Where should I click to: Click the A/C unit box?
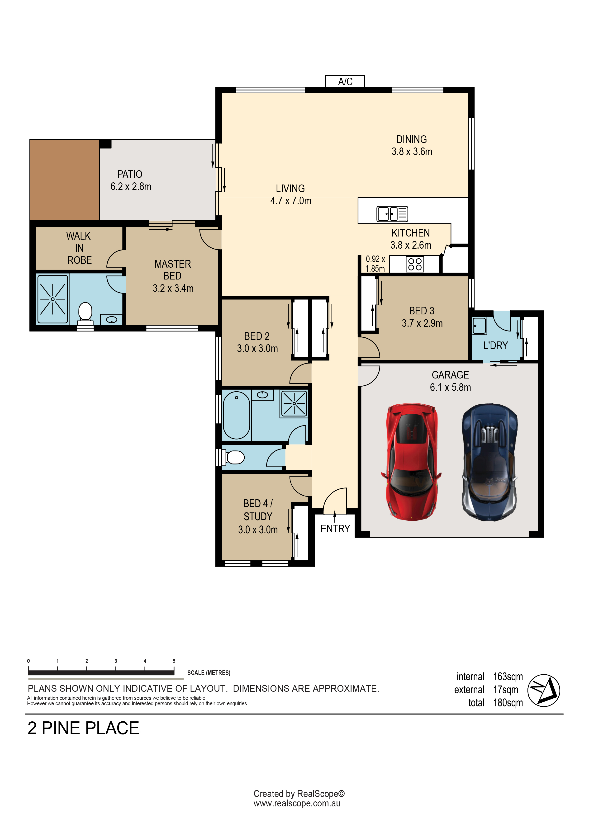[x=345, y=81]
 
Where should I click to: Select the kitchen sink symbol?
[x=392, y=214]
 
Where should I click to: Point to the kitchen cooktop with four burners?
[x=415, y=264]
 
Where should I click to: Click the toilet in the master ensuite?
[x=85, y=313]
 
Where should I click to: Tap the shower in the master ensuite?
[x=53, y=299]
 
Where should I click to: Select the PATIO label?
[x=130, y=174]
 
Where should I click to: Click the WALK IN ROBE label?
[x=79, y=248]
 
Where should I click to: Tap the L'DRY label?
[x=495, y=346]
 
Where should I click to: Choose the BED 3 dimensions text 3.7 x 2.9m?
[x=422, y=323]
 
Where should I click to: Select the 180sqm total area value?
[x=508, y=703]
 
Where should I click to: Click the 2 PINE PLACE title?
[x=83, y=729]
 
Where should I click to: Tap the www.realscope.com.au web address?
[x=297, y=803]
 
